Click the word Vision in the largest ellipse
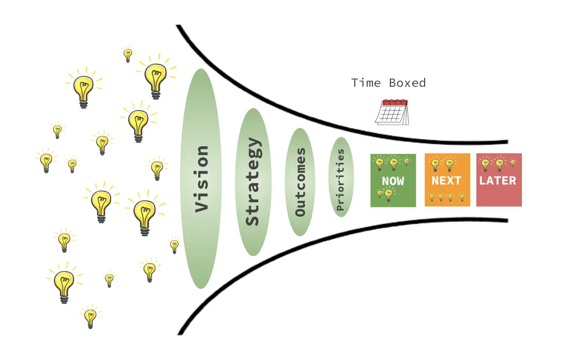click(x=201, y=179)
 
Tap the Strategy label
click(x=253, y=181)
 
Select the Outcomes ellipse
click(x=300, y=182)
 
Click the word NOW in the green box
click(x=393, y=181)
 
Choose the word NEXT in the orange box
click(x=446, y=181)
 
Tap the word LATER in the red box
click(x=498, y=181)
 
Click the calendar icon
click(x=392, y=113)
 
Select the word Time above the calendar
click(x=366, y=83)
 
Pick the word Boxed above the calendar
click(x=407, y=83)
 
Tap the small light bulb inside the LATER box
click(x=513, y=163)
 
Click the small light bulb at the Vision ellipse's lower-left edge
click(x=174, y=245)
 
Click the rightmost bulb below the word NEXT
click(x=462, y=197)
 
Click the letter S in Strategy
click(x=253, y=219)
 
